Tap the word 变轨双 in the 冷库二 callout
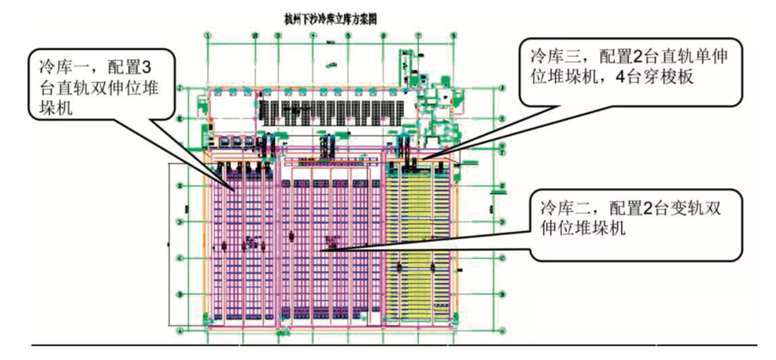[690, 209]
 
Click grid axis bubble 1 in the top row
[208, 35]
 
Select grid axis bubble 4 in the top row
[313, 35]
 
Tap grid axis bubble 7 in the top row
[418, 35]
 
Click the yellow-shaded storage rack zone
[420, 237]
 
